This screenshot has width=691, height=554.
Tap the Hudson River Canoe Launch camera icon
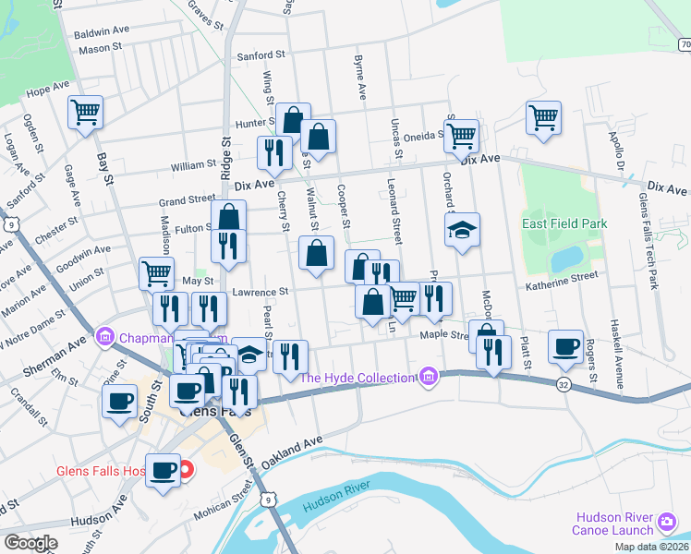pos(666,524)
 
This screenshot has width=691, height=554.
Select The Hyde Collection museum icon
pos(427,377)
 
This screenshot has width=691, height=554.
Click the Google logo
pos(30,543)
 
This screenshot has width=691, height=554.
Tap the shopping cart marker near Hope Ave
pos(85,113)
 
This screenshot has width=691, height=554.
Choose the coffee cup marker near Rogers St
pos(565,346)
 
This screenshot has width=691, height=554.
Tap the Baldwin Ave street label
pos(103,30)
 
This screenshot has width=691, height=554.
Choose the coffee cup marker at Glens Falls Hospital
pos(164,470)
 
